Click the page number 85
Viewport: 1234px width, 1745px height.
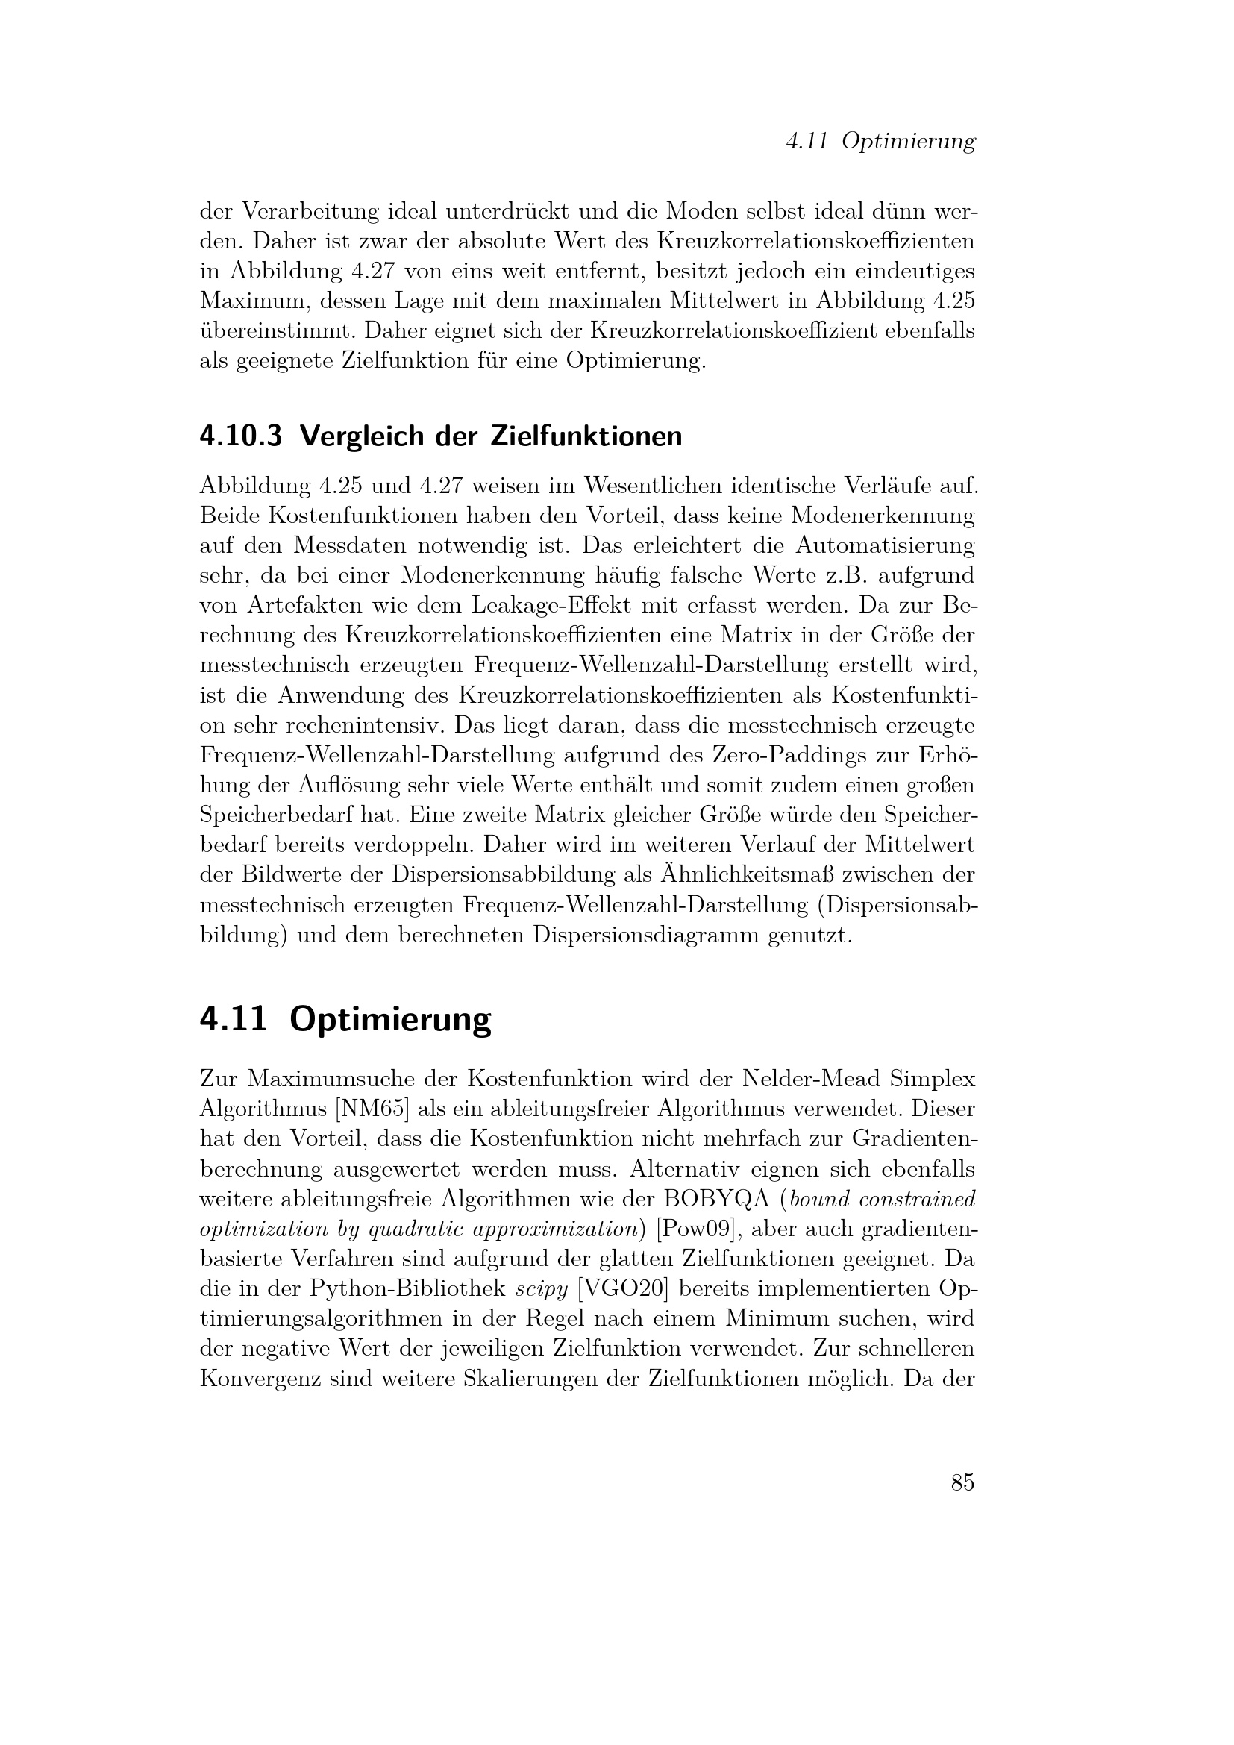coord(962,1482)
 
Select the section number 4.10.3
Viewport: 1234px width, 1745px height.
coord(241,436)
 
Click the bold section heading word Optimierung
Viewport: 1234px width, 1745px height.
coord(390,1020)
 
